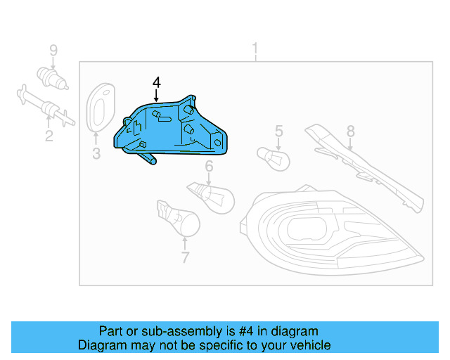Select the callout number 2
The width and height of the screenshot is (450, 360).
49,136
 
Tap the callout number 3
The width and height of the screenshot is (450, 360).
96,153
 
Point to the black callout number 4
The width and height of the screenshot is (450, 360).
156,83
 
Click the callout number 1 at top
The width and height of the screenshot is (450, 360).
255,49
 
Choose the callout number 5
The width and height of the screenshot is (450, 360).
278,131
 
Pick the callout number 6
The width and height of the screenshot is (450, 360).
209,167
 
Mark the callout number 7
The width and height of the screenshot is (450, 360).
185,257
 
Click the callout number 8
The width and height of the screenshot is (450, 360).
350,131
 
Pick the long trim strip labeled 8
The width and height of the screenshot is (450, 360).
366,169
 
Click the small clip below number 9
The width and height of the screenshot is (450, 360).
51,77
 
